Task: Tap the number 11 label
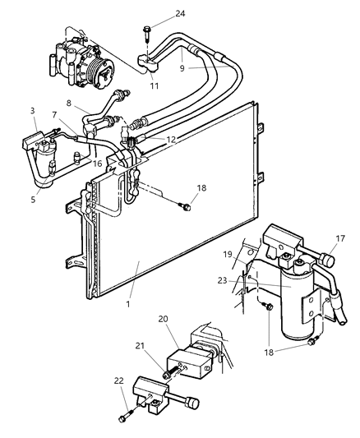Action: click(153, 85)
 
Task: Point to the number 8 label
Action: click(68, 104)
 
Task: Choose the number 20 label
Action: click(163, 318)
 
